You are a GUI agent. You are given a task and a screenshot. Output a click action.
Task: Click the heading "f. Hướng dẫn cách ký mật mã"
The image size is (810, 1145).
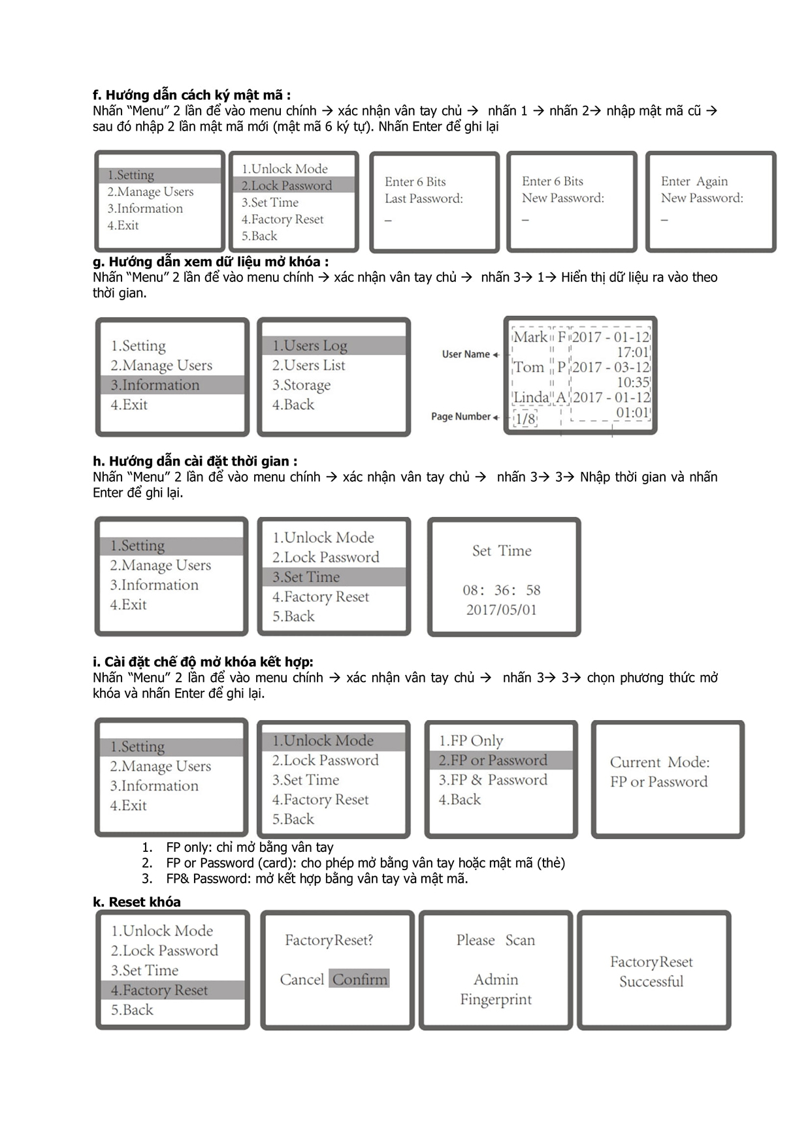click(191, 95)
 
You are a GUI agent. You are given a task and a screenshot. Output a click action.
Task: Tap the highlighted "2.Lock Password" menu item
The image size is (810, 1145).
click(287, 185)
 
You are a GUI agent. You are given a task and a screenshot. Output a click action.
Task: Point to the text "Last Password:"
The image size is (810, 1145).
click(423, 198)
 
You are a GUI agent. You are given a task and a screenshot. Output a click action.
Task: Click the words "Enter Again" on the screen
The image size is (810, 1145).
click(694, 181)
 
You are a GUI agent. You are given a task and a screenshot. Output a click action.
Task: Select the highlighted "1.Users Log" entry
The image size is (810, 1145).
click(310, 345)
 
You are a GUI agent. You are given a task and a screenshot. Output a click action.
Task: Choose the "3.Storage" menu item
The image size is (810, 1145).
click(301, 385)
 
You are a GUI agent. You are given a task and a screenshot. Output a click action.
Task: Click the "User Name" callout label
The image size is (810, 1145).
click(466, 354)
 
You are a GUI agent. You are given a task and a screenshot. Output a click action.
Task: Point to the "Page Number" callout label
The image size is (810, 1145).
click(461, 416)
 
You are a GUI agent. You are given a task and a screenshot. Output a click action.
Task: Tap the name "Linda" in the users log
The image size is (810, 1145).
click(531, 398)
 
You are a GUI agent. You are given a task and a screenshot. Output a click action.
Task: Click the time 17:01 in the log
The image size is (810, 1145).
click(632, 353)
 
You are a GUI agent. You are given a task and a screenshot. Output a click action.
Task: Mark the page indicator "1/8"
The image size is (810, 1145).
click(525, 418)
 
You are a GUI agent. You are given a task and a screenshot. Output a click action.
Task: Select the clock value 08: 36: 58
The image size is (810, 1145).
click(501, 590)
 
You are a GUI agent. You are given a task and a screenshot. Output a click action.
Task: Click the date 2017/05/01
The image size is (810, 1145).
click(501, 610)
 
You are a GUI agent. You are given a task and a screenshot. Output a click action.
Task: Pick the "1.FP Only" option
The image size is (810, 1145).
click(470, 741)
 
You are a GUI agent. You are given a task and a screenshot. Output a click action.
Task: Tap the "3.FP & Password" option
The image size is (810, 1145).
click(493, 780)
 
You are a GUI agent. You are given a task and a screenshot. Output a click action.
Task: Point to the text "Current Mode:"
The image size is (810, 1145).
click(660, 762)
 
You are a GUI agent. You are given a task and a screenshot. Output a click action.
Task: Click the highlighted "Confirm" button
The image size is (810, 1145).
click(359, 979)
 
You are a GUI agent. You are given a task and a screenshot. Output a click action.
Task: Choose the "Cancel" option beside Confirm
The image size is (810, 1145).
click(302, 980)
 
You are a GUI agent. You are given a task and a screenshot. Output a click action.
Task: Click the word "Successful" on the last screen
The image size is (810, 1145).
click(651, 982)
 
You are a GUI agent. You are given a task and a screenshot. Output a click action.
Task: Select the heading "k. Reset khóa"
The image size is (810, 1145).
click(137, 902)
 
